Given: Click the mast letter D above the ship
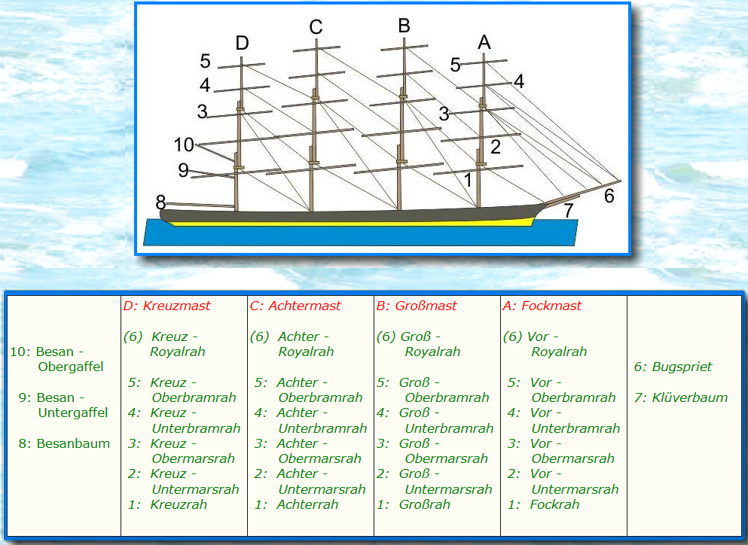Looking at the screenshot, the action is (242, 43).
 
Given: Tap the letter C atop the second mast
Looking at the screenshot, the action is (316, 28).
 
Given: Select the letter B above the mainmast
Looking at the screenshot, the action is (404, 26).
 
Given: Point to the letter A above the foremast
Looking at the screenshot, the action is (484, 43).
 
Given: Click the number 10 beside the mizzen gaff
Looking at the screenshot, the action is (184, 144).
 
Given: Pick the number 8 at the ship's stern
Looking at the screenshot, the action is (160, 202).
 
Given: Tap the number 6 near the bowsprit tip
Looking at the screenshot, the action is (609, 196).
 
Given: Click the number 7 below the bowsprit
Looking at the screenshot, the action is (569, 209).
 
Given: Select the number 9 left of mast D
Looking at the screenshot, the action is (183, 170).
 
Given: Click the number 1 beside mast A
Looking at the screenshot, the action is (469, 180).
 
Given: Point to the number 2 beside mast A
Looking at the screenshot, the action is (496, 148).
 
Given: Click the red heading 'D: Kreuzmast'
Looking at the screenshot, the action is (166, 306).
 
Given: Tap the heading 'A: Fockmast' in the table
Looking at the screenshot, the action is (542, 306).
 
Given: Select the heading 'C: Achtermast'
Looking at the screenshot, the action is (295, 306).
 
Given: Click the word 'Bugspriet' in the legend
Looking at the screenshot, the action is (683, 367).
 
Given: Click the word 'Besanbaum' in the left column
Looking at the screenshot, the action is (74, 443).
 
